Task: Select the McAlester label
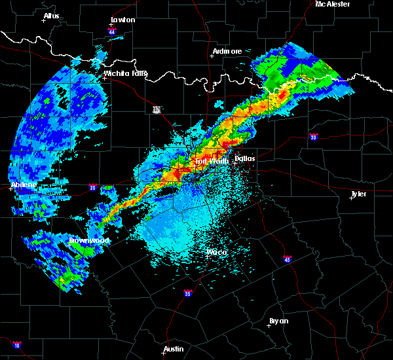tap(333, 4)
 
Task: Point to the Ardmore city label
tap(227, 51)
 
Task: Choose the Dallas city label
tap(244, 158)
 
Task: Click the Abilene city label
tap(24, 185)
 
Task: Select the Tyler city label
tap(358, 194)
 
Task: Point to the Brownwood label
tap(90, 240)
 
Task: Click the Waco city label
tap(216, 252)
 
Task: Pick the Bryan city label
tap(278, 321)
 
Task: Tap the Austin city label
tap(174, 349)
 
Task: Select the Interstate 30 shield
tap(314, 137)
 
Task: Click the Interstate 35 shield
tap(188, 293)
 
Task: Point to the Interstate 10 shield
tap(16, 344)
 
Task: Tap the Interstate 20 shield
tap(94, 187)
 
